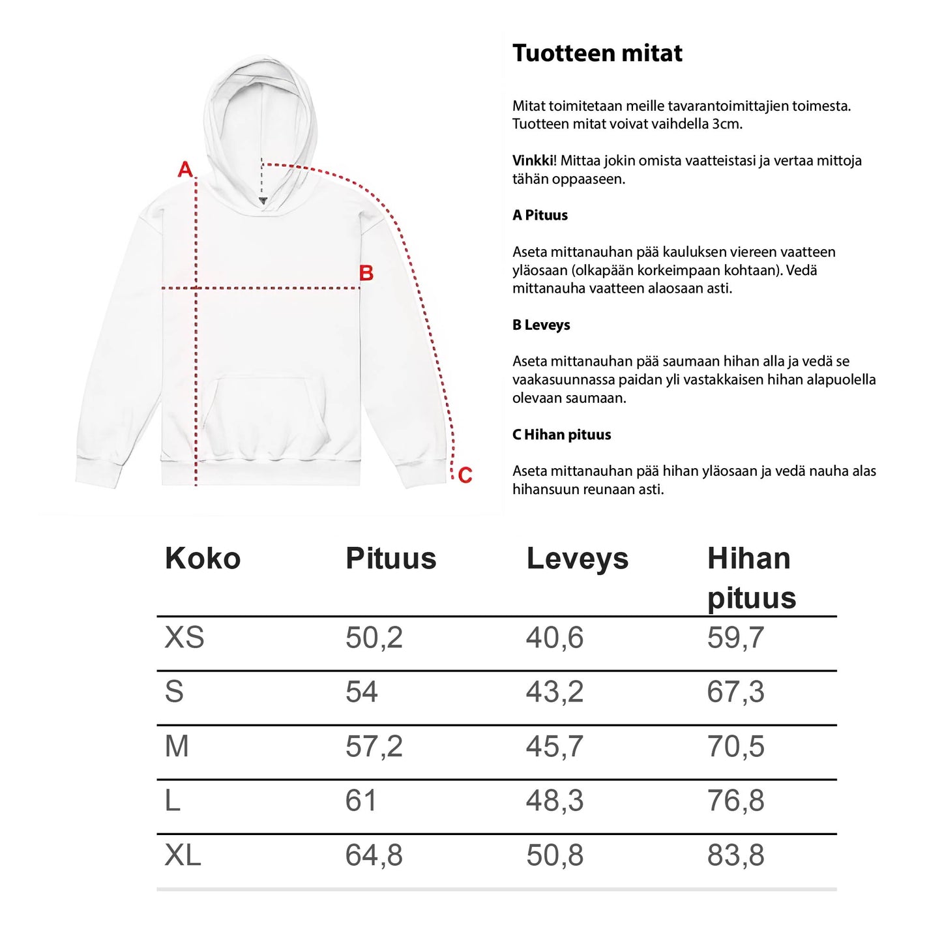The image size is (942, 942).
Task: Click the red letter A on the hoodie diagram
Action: click(x=186, y=169)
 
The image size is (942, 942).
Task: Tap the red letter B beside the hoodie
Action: click(x=366, y=273)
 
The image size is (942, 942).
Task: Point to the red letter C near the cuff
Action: click(x=465, y=475)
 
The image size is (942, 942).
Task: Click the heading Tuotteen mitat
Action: click(x=597, y=53)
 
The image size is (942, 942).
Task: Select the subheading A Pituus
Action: click(x=540, y=215)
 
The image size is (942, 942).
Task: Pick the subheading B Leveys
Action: click(x=541, y=325)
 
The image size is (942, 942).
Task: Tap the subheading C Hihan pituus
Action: click(x=561, y=435)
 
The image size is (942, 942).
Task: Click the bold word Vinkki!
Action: click(x=534, y=160)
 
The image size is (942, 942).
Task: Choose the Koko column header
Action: click(x=203, y=559)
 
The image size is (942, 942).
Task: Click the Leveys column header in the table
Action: click(x=577, y=559)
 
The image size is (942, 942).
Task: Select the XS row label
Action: click(x=184, y=638)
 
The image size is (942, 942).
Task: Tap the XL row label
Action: click(x=183, y=855)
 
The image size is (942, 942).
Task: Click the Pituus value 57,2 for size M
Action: click(x=374, y=746)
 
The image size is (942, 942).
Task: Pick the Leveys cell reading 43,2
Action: click(x=555, y=692)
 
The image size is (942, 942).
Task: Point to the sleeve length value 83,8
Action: click(x=735, y=855)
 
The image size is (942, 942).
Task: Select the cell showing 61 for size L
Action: click(x=361, y=801)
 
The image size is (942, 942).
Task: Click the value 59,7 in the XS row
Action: click(x=735, y=638)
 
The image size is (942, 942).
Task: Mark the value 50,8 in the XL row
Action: click(x=555, y=855)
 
